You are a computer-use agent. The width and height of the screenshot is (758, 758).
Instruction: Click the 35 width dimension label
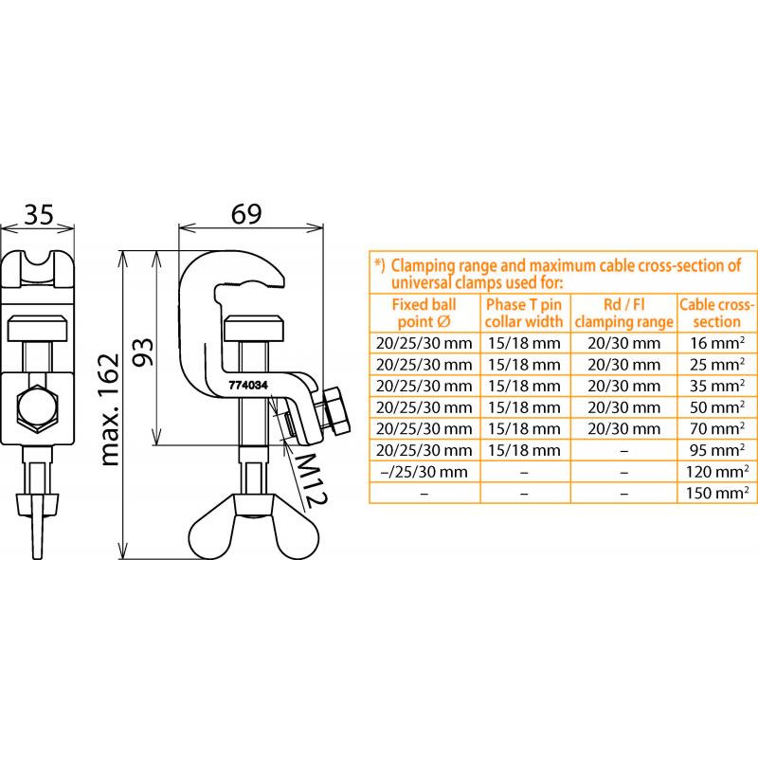[39, 215]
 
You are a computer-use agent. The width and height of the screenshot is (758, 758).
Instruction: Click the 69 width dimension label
[246, 214]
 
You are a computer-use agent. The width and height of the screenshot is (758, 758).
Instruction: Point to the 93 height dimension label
[143, 352]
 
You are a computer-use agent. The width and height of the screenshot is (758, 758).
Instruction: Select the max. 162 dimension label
[109, 409]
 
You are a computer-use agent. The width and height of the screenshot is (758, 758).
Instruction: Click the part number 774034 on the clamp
[248, 386]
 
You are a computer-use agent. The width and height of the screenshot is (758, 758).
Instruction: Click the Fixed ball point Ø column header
[424, 314]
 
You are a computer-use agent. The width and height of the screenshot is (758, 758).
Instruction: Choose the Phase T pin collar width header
[524, 314]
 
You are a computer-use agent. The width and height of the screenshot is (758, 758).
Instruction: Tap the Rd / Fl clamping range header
[624, 314]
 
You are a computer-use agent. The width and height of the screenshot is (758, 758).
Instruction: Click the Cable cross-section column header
[716, 314]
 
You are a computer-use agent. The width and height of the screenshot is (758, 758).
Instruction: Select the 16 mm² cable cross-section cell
[717, 343]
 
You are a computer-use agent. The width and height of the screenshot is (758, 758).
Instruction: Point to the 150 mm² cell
[717, 493]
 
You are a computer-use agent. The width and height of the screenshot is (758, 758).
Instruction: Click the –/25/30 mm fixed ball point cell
[424, 471]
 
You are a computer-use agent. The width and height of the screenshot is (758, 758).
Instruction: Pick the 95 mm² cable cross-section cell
[717, 450]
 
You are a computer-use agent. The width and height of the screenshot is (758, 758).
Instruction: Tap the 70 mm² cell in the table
[717, 428]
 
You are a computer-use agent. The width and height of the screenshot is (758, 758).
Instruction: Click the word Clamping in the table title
[419, 266]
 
